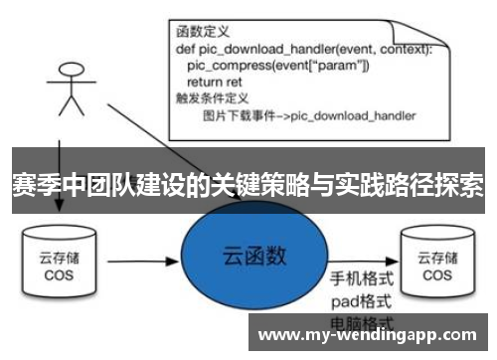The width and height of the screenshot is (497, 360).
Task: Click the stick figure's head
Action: (x=70, y=75)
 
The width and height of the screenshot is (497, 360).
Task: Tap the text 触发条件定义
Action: (x=208, y=99)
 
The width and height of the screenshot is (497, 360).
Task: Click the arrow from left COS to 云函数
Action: (x=139, y=266)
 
